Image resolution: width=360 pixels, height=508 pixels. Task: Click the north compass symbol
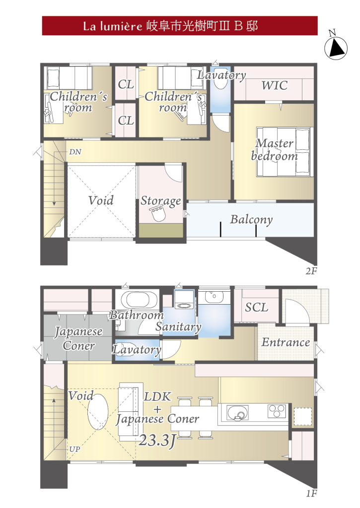click(x=336, y=47)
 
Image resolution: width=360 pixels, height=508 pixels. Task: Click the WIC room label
click(x=275, y=85)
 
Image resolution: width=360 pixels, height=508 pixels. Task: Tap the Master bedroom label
click(x=275, y=149)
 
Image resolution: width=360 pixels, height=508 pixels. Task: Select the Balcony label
click(x=251, y=220)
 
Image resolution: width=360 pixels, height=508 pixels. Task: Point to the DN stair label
click(x=75, y=152)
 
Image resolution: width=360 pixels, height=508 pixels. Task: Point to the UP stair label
click(x=74, y=449)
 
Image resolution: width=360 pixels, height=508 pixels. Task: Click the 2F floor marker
click(x=311, y=271)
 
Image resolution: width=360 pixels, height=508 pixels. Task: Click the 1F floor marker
click(x=311, y=494)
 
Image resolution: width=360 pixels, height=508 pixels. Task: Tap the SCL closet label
click(x=257, y=307)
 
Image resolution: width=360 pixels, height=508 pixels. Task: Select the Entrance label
click(x=286, y=342)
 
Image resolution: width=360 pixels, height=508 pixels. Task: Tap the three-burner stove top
click(x=277, y=411)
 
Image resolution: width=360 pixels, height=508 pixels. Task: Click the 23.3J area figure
click(x=157, y=440)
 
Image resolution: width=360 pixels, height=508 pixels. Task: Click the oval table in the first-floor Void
click(x=98, y=412)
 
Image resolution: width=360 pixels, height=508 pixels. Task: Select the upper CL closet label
click(x=126, y=84)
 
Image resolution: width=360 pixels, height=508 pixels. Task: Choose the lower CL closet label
click(x=126, y=121)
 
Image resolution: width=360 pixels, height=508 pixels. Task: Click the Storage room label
click(x=161, y=201)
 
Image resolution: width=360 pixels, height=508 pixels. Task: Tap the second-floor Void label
click(x=101, y=200)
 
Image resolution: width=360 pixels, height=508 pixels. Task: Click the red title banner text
click(x=170, y=26)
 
